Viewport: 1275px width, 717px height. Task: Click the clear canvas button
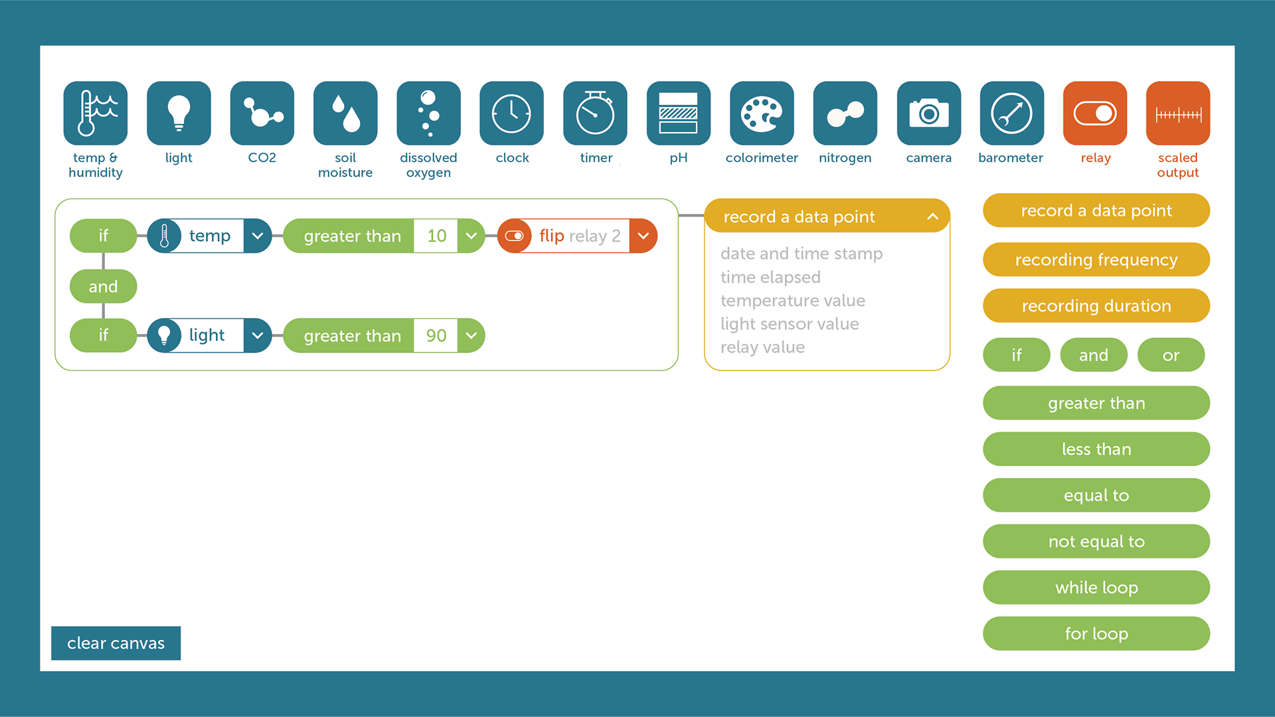click(x=116, y=643)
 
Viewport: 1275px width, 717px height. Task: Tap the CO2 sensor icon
click(x=262, y=113)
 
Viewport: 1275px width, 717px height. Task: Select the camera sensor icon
click(x=928, y=113)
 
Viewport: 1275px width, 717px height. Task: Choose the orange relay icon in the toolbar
click(x=1095, y=113)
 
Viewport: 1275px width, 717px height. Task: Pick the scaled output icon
click(x=1178, y=113)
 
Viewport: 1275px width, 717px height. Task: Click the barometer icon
click(x=1011, y=113)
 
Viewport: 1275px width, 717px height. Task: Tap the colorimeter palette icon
click(x=762, y=113)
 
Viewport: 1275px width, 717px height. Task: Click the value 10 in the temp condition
click(x=436, y=236)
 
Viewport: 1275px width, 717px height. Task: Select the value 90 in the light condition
click(x=436, y=335)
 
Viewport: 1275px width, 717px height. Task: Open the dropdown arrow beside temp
click(x=258, y=236)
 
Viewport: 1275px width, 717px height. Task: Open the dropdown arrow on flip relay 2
click(x=643, y=236)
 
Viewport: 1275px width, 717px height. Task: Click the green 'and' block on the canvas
click(x=103, y=286)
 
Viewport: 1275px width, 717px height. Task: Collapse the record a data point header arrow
click(x=932, y=216)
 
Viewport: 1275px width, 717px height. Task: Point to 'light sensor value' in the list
click(x=790, y=324)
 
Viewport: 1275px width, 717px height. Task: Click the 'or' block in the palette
click(x=1171, y=355)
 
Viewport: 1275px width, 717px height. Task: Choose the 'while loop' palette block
click(x=1096, y=588)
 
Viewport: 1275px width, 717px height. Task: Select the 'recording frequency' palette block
click(x=1096, y=260)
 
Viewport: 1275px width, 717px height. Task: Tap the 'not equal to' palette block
click(x=1096, y=541)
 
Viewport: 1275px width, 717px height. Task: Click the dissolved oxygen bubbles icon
click(x=428, y=113)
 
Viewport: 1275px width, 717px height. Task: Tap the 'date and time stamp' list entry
click(x=802, y=254)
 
